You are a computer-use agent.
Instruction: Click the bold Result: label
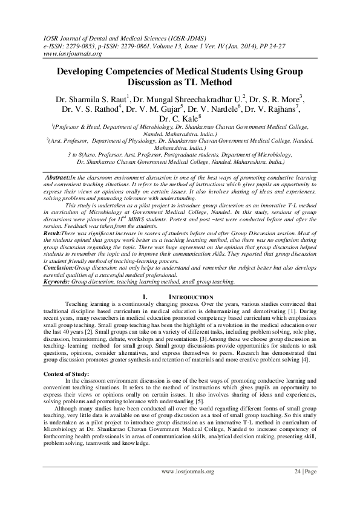(56, 232)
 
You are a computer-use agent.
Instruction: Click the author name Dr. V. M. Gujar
(154, 109)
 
